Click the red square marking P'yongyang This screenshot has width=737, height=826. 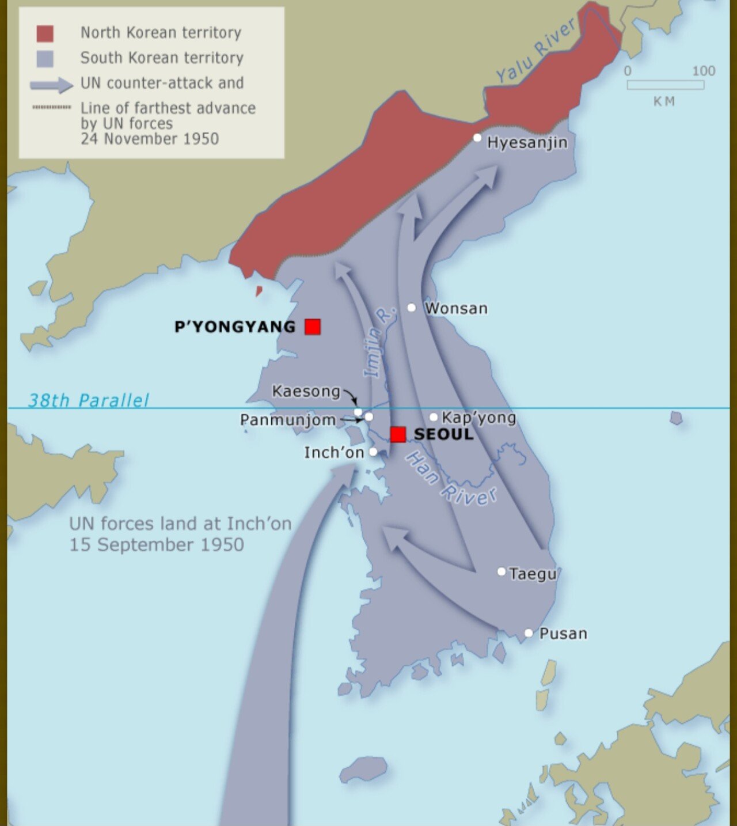[313, 327]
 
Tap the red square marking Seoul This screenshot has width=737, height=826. [398, 434]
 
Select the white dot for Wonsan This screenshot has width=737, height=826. [412, 308]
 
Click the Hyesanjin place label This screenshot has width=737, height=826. [527, 142]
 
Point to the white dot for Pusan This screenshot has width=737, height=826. [529, 633]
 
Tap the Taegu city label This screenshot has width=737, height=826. [533, 574]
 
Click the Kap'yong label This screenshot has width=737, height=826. [478, 418]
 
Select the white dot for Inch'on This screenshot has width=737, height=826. [373, 452]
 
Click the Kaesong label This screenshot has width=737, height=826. [306, 391]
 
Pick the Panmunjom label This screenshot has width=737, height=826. [287, 420]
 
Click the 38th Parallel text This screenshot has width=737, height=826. [89, 400]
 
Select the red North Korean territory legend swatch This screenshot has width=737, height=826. [45, 33]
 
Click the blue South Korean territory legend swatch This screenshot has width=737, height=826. [45, 59]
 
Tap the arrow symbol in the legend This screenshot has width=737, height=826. [51, 85]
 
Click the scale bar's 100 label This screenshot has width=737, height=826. [703, 71]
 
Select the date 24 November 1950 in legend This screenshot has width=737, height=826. [150, 139]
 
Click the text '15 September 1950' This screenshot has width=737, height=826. [157, 544]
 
